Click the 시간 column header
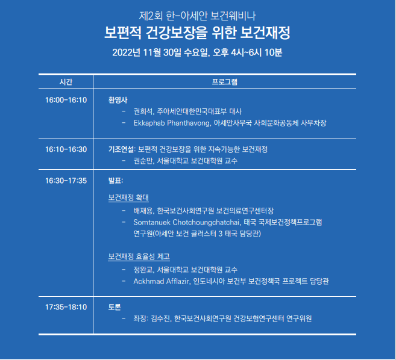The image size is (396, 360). coord(66,82)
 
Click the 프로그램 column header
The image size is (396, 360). coord(224,82)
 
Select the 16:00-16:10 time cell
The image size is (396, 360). coord(66,100)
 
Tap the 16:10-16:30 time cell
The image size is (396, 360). coord(66,149)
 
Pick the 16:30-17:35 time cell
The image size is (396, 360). coord(66,181)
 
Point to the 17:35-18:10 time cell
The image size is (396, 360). coord(66,307)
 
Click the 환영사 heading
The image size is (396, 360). coord(118,100)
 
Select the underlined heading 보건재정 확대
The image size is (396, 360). coord(128,197)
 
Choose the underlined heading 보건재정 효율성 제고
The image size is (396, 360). coord(139,256)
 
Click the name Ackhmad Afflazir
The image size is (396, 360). coord(161,281)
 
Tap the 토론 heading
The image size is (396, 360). coord(115,307)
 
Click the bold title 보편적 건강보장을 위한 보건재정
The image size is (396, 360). coord(197,33)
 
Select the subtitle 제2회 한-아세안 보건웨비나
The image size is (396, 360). coord(197,16)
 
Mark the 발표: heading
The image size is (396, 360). coord(116,181)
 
